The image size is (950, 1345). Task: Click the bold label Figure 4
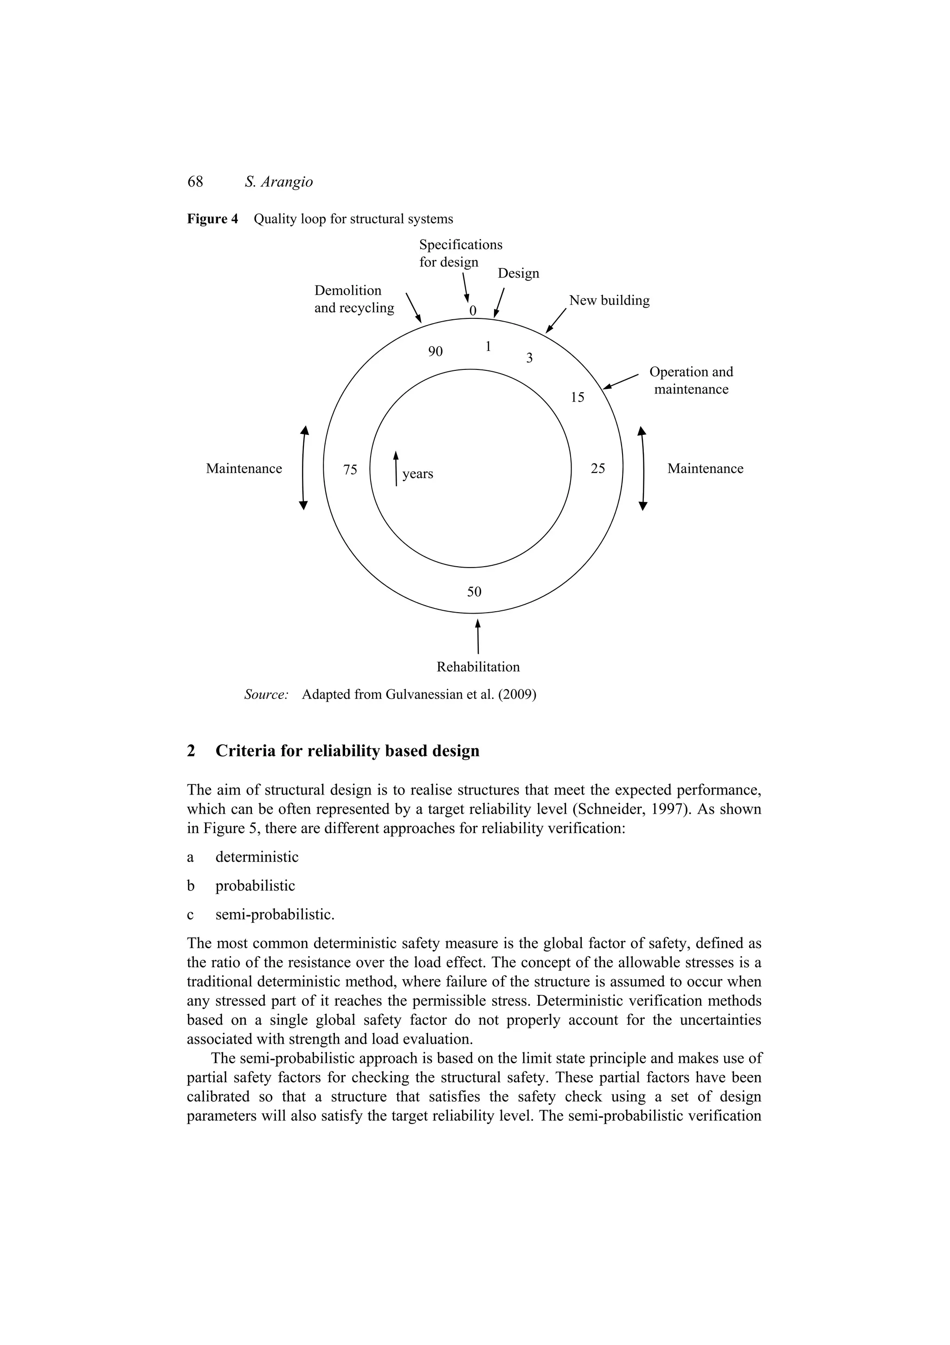tap(212, 219)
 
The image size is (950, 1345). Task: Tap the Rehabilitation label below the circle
tap(478, 666)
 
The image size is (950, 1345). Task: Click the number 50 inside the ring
tap(474, 592)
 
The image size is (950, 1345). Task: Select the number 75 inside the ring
tap(350, 470)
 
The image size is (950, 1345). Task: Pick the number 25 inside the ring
tap(597, 469)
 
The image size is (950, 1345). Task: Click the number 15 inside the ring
tap(577, 398)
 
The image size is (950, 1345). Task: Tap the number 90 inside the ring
tap(435, 351)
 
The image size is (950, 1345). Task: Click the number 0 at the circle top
tap(473, 310)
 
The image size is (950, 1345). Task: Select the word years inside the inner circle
tap(417, 474)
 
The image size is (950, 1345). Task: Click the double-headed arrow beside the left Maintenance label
tap(303, 468)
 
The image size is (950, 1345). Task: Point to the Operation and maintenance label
tap(691, 380)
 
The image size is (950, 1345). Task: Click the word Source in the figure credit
tap(266, 695)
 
